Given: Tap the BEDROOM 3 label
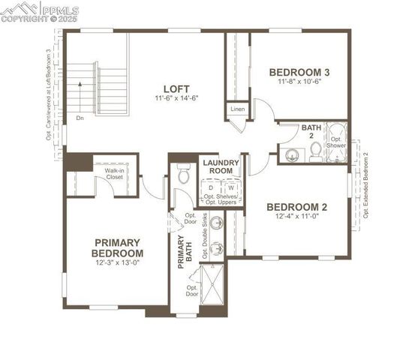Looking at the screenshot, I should coord(299,72).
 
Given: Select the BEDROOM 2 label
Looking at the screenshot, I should coord(297,208).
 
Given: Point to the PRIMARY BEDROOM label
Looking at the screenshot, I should coord(117,247).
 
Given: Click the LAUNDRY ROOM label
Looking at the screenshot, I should coord(221,166).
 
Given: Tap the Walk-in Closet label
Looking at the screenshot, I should coord(115,174).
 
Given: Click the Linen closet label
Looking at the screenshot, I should coord(237,109).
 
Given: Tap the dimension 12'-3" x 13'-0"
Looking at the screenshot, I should coord(117,263).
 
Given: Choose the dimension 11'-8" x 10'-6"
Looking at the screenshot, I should coord(299,82).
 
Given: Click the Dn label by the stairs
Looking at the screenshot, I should coord(80,118).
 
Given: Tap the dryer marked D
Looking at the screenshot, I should coord(211,187).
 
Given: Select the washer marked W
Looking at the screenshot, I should coord(230,187).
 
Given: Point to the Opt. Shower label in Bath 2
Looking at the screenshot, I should coord(336,142).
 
